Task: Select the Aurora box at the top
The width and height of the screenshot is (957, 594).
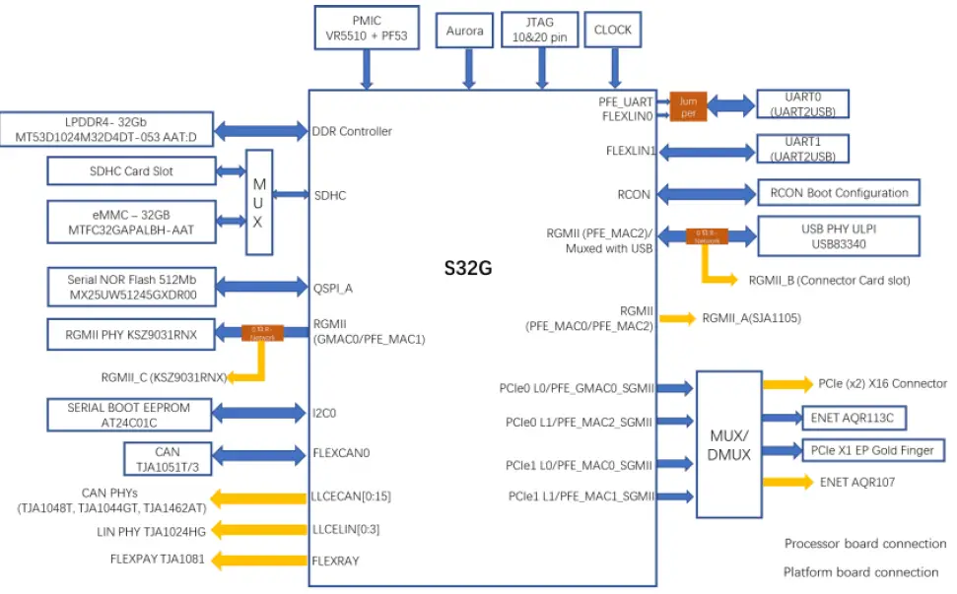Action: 464,32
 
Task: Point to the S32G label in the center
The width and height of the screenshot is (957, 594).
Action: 482,266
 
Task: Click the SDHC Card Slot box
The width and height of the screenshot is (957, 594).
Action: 132,171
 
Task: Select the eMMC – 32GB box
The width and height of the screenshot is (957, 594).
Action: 132,222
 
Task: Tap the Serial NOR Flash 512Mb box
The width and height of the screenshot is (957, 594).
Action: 132,287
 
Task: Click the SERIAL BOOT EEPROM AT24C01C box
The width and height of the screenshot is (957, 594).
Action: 129,415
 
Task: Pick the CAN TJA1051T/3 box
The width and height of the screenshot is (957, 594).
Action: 167,458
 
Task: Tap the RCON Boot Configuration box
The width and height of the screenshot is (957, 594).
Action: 839,193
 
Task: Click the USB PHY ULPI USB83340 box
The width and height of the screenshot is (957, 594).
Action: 838,235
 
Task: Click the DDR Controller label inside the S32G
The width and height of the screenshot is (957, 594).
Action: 352,131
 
